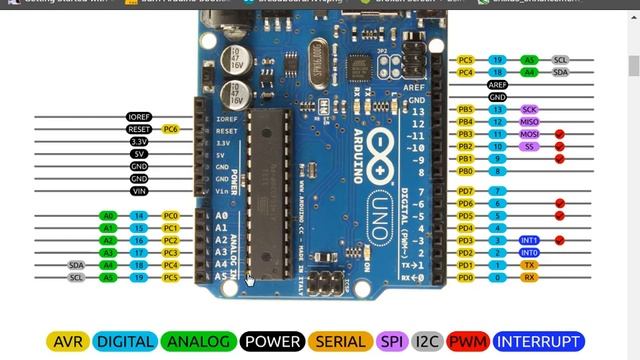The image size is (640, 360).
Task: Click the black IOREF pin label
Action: click(139, 117)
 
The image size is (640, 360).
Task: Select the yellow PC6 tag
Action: click(170, 129)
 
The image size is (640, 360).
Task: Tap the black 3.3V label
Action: click(139, 141)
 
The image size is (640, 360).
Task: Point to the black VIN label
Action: click(139, 190)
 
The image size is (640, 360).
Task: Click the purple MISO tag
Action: click(529, 122)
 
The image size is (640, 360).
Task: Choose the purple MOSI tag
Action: click(529, 134)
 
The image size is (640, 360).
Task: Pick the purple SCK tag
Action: click(529, 109)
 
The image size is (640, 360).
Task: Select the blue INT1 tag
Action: click(529, 240)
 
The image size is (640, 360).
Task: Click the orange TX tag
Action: click(529, 265)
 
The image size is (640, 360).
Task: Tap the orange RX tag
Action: click(529, 277)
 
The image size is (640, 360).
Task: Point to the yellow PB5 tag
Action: click(466, 109)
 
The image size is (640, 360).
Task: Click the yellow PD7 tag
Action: click(466, 190)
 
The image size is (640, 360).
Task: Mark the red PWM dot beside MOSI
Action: click(559, 134)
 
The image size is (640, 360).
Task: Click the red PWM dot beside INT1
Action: click(559, 240)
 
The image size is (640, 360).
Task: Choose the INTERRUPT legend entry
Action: click(538, 341)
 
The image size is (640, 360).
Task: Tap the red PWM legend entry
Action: click(467, 341)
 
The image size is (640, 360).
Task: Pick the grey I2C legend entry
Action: click(426, 341)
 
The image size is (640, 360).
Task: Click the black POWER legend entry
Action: click(272, 341)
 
